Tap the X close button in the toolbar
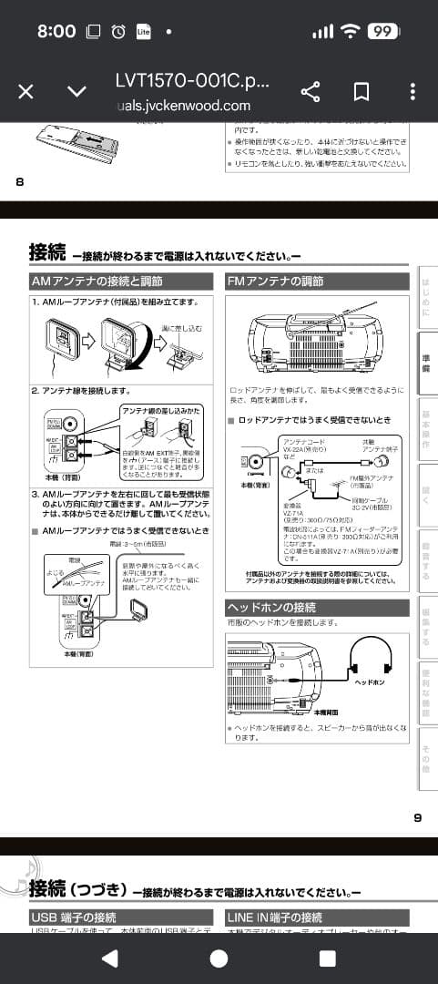tap(26, 91)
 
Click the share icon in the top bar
tap(311, 91)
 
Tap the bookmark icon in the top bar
tap(361, 91)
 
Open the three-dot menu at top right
tap(413, 91)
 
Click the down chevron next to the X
tap(77, 91)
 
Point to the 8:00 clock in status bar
tap(56, 31)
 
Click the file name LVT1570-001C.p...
tap(192, 80)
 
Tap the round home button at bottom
tap(219, 958)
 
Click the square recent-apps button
tap(327, 958)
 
